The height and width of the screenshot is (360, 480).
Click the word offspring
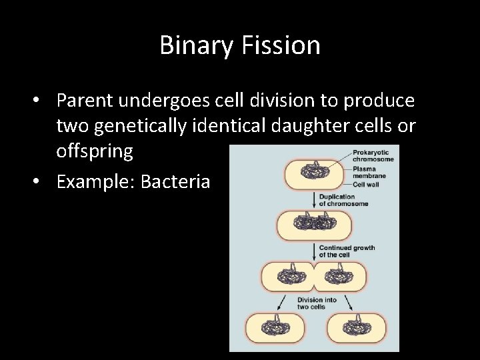tap(95, 151)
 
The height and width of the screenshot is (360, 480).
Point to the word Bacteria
tap(176, 181)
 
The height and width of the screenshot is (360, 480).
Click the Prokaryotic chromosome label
tap(373, 156)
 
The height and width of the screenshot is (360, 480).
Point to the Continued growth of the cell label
tap(347, 251)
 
